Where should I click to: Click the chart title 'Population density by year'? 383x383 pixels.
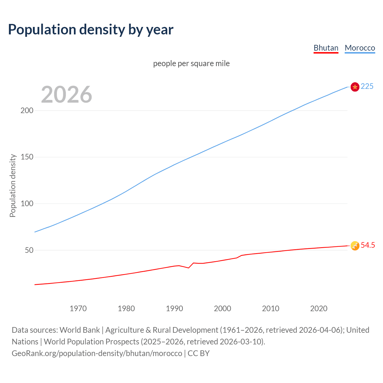[x=91, y=30]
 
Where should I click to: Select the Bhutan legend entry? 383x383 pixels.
[x=326, y=48]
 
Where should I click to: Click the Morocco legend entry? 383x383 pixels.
[x=360, y=48]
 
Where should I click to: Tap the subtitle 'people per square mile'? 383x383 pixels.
[x=191, y=63]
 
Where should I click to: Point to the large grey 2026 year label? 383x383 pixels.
[x=66, y=95]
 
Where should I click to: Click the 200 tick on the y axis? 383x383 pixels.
[x=27, y=110]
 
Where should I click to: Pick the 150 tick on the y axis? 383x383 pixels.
[x=27, y=157]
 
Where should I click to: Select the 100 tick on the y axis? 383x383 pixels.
[x=27, y=203]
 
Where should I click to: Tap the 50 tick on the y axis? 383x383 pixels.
[x=29, y=250]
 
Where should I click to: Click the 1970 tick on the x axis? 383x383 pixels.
[x=78, y=308]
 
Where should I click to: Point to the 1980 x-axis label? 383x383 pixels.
[x=126, y=308]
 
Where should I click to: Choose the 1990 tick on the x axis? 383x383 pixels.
[x=174, y=308]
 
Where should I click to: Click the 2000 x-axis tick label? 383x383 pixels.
[x=223, y=308]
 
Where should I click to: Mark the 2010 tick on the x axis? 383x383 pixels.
[x=271, y=308]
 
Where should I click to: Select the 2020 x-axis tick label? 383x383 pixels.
[x=319, y=308]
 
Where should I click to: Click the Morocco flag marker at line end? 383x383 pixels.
[x=355, y=87]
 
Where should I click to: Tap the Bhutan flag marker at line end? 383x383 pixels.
[x=355, y=246]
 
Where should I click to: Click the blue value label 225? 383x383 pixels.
[x=367, y=86]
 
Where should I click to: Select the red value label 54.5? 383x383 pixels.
[x=368, y=245]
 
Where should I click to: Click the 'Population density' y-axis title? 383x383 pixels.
[x=13, y=186]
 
